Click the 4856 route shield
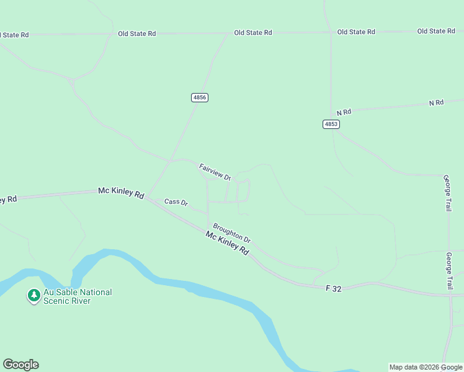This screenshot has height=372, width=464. coord(199,97)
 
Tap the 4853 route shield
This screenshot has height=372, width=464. coord(331,124)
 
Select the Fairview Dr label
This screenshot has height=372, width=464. coord(215,172)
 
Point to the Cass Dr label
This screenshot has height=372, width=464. coord(176,202)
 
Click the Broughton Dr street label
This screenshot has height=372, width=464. coord(231,233)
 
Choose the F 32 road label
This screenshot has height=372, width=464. coord(333,288)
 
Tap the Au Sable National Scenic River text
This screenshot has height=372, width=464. coord(78,296)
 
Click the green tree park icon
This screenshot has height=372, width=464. coord(33,296)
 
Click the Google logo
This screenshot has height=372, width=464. coord(20,365)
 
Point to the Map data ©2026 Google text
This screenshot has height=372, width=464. coord(425,367)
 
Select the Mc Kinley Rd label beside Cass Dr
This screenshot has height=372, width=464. coord(121,193)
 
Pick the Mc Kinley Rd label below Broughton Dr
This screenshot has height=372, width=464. coord(227,243)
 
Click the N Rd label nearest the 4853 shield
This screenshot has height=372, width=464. coord(344,112)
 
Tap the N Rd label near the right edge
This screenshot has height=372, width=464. coord(436,102)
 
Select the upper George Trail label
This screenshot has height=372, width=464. coord(447,193)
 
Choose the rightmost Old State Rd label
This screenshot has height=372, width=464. coord(436,31)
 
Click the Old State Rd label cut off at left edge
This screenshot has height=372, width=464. coord(14,35)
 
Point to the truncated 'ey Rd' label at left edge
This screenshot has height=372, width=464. coord(8,200)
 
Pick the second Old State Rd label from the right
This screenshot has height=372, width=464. coord(356,32)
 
